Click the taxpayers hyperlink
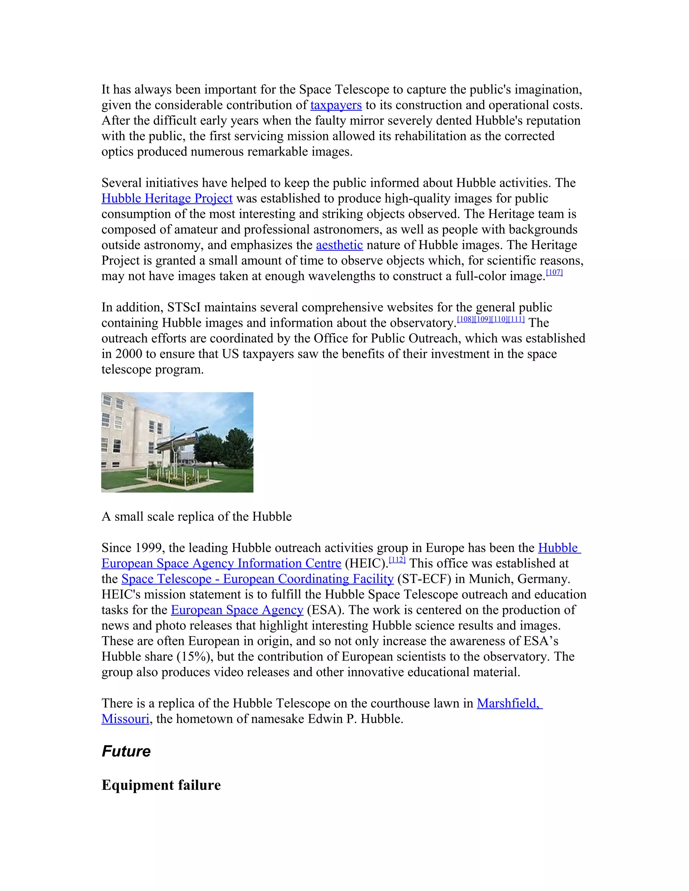336,105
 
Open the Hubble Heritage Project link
167,199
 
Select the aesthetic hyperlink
339,245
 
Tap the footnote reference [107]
554,273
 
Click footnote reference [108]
465,319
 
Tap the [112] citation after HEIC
397,560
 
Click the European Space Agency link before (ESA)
237,610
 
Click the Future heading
126,751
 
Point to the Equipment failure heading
161,785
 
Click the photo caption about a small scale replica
196,516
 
